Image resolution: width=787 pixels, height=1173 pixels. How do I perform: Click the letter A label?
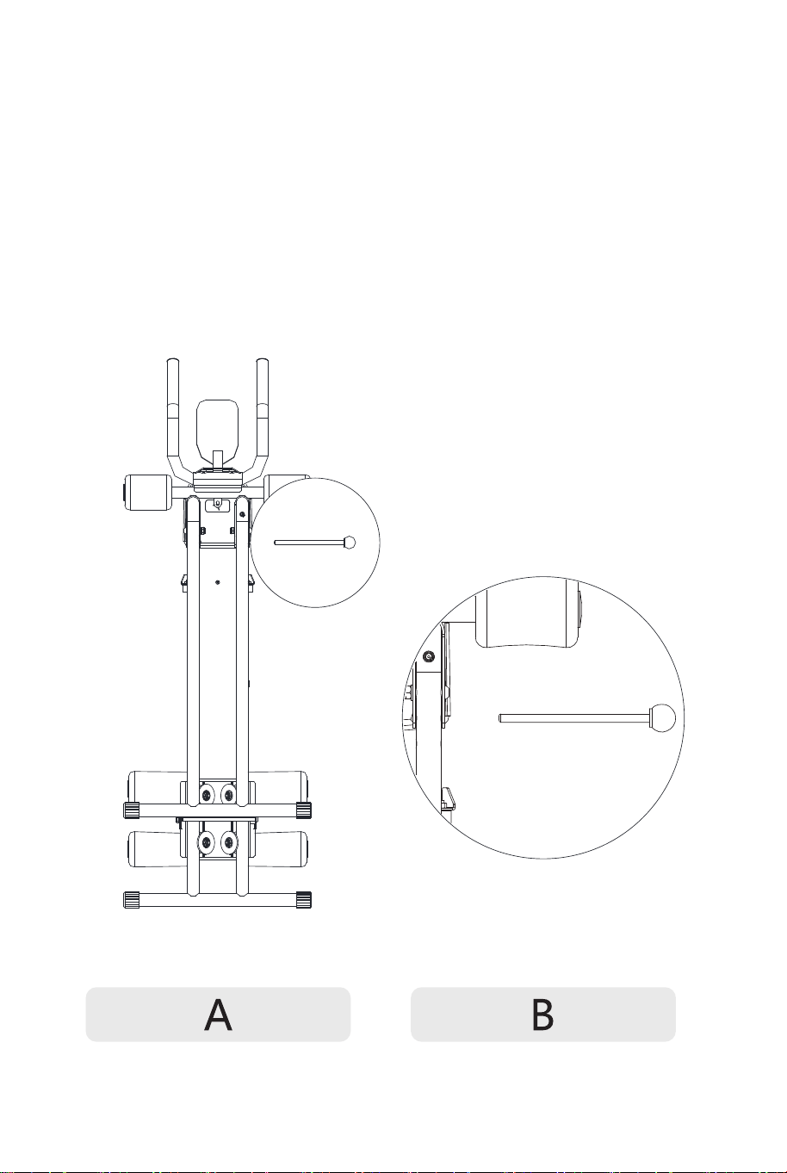tap(218, 1015)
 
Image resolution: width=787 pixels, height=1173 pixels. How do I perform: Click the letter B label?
tap(542, 1015)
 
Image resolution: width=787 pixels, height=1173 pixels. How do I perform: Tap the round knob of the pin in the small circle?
tap(350, 543)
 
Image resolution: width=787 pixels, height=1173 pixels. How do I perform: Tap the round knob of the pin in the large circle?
tap(662, 717)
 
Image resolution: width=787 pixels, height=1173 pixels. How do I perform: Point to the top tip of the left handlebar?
tap(173, 359)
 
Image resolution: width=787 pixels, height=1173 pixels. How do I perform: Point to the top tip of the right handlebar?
tap(263, 359)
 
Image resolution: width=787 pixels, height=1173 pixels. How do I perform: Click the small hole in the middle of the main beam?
tap(218, 582)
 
